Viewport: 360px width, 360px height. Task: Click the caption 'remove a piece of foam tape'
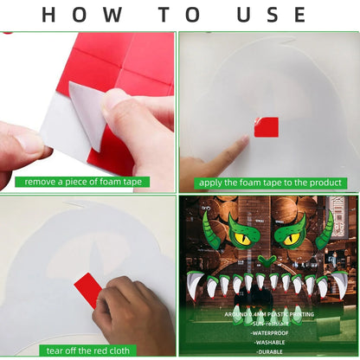tap(87, 182)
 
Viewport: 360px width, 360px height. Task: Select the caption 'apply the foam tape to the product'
tap(268, 183)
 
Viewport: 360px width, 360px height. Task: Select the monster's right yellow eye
tap(290, 233)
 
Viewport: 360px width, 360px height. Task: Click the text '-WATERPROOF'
tap(267, 331)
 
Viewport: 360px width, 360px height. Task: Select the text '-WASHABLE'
tap(267, 342)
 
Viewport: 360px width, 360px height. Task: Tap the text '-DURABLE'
tap(267, 352)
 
